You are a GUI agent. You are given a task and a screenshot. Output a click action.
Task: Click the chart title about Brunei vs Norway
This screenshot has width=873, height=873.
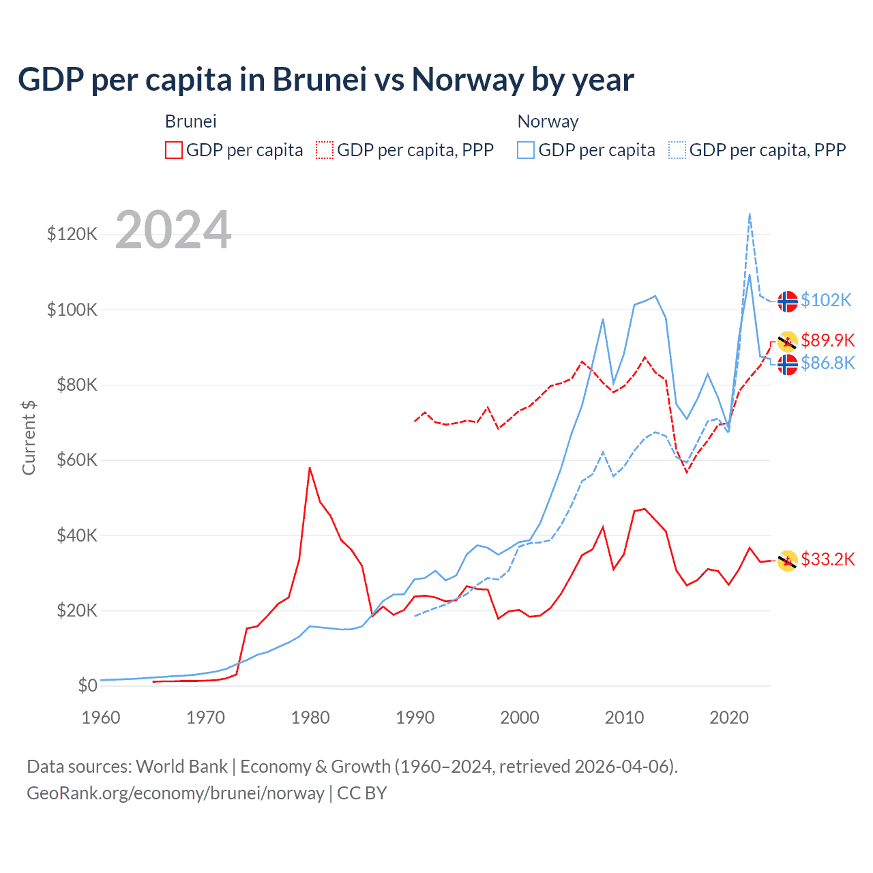tap(326, 80)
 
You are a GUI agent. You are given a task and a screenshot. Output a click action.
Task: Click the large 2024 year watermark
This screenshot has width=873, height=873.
tap(173, 230)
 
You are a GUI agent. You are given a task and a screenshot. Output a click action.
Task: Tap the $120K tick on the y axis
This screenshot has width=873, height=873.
tap(72, 235)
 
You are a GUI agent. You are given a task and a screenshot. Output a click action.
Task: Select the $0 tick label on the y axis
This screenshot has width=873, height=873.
tap(87, 685)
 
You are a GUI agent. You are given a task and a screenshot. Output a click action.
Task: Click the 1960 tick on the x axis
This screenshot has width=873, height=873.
tap(101, 717)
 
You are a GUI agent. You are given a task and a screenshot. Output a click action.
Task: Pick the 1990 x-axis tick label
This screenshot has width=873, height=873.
tap(415, 717)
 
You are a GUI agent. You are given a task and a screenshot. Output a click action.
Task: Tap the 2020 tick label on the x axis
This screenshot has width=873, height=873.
tap(729, 717)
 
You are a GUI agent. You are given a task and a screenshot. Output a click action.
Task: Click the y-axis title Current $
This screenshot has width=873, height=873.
tap(29, 438)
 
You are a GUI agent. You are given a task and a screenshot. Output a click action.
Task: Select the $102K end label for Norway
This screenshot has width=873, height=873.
tap(826, 300)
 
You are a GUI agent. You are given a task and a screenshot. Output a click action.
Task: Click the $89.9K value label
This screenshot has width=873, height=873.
tap(827, 340)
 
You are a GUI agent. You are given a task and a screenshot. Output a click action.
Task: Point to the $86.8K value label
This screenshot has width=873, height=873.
tap(827, 363)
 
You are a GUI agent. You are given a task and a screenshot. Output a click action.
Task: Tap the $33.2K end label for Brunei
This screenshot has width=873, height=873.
tap(827, 559)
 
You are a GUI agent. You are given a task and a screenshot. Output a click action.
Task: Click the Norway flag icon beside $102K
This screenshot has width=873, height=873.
tap(788, 301)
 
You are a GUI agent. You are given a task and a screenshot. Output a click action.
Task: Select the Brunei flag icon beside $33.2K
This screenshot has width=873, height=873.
tap(788, 561)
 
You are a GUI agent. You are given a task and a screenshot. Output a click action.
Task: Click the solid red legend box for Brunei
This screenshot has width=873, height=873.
tap(174, 150)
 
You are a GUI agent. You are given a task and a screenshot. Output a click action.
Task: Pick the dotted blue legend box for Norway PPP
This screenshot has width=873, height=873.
tap(677, 150)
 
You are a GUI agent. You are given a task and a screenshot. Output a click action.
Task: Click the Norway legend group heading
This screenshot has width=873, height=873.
tap(548, 121)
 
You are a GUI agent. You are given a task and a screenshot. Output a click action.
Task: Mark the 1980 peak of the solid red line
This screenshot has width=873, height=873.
tap(310, 468)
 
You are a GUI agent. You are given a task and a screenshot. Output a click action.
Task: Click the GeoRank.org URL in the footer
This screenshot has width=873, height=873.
tap(175, 793)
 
